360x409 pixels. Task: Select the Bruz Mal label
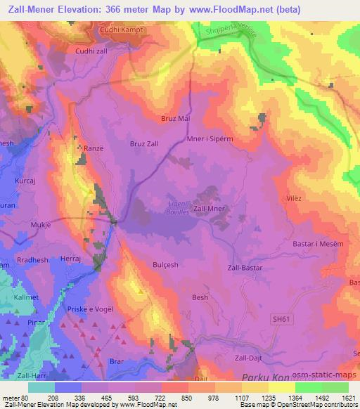[176, 119]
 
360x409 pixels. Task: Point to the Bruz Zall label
[145, 143]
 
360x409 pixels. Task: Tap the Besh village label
[200, 297]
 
